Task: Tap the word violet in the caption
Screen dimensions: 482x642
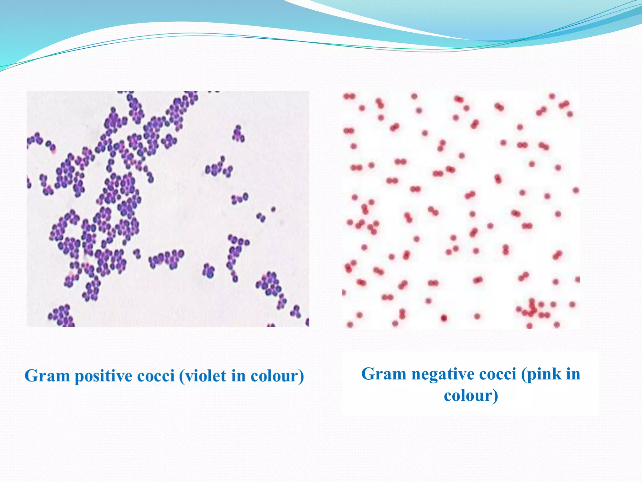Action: click(206, 376)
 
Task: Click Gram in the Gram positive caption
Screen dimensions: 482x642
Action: click(47, 376)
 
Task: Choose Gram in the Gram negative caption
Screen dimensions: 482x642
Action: click(384, 374)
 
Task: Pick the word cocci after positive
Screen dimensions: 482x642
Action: click(156, 376)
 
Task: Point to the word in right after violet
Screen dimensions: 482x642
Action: click(238, 376)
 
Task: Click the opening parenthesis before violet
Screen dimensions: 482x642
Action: click(182, 376)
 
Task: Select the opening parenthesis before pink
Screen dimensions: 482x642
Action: click(524, 374)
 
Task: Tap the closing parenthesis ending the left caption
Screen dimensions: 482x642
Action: click(301, 376)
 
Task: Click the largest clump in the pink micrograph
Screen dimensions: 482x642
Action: click(533, 309)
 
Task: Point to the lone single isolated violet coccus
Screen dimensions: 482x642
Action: click(273, 209)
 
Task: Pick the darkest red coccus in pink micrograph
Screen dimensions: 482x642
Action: click(444, 318)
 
